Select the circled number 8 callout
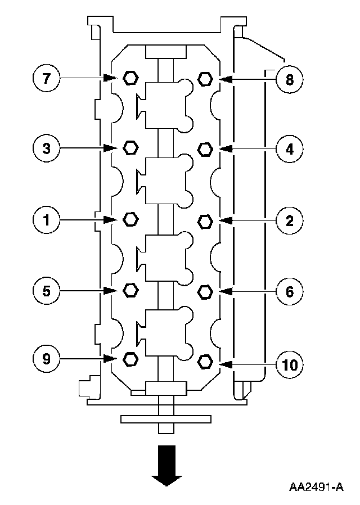pos(289,79)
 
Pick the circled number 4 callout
pos(289,150)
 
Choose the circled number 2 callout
pos(289,220)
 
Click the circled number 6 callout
pos(289,291)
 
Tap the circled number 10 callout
pos(289,364)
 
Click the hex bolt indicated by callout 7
pos(129,78)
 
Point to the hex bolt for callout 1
pos(129,219)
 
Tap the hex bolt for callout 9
pos(129,358)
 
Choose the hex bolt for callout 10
pos(205,360)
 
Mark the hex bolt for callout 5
pos(129,290)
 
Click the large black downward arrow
pos(166,464)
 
